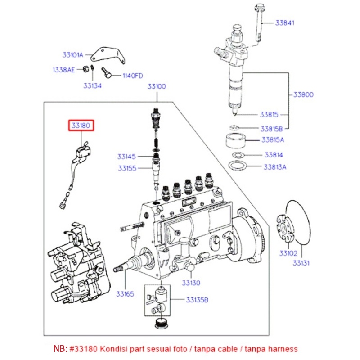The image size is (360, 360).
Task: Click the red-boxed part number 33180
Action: pyautogui.click(x=81, y=126)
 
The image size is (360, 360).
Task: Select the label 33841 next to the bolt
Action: pyautogui.click(x=285, y=22)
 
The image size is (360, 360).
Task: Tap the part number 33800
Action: pyautogui.click(x=303, y=95)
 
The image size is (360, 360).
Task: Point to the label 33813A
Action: pyautogui.click(x=275, y=167)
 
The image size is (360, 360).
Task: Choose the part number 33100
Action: pyautogui.click(x=157, y=86)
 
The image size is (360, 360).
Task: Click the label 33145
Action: pyautogui.click(x=127, y=157)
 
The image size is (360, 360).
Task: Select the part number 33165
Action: pyautogui.click(x=125, y=294)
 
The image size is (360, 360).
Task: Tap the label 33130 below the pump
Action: pyautogui.click(x=191, y=283)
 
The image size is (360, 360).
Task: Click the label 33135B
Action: pyautogui.click(x=198, y=299)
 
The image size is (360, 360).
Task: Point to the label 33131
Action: pyautogui.click(x=301, y=262)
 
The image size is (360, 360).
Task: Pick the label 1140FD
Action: pyautogui.click(x=133, y=76)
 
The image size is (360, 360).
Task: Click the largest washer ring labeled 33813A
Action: pyautogui.click(x=238, y=167)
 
